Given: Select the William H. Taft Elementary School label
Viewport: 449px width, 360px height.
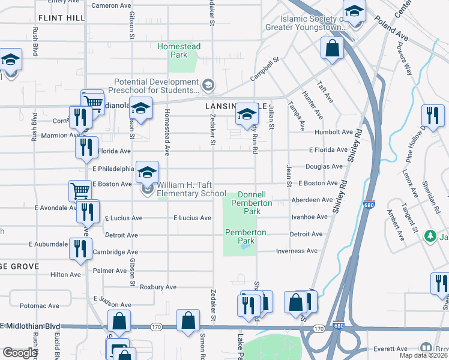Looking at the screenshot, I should click(x=191, y=190).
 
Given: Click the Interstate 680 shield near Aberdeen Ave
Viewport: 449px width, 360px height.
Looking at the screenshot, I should click(x=369, y=205).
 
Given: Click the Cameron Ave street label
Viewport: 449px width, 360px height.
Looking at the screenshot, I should click(x=111, y=5).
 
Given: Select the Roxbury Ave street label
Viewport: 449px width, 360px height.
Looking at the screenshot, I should click(x=158, y=287).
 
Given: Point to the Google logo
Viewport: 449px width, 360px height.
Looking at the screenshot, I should click(x=20, y=353).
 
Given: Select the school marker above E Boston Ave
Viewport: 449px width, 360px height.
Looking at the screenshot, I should click(x=147, y=172).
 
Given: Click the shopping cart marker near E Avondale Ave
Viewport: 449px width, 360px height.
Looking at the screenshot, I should click(x=80, y=191).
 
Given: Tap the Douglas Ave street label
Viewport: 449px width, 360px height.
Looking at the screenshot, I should click(x=324, y=166).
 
